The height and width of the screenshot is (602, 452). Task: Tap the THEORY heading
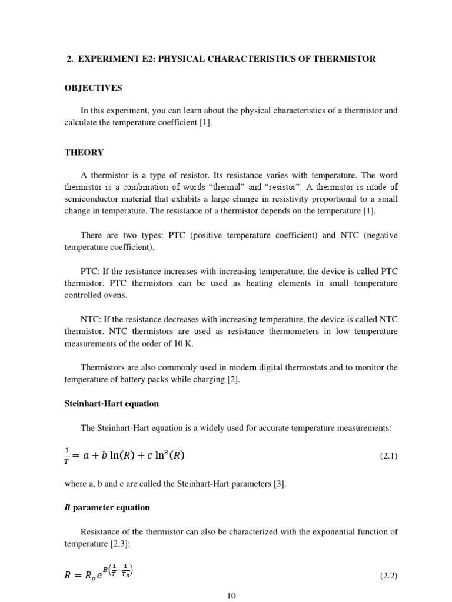[x=84, y=152]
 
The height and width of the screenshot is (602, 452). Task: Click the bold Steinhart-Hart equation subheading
[x=111, y=404]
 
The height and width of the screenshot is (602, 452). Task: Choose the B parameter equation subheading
[x=107, y=507]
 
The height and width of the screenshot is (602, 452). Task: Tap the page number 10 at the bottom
[x=231, y=596]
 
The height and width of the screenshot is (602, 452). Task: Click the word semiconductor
[x=91, y=199]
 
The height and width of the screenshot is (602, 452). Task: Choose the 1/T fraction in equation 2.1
[x=68, y=456]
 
